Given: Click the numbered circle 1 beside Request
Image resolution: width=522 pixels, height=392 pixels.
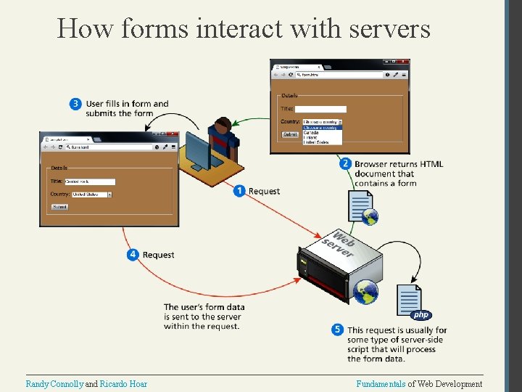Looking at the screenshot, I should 239,191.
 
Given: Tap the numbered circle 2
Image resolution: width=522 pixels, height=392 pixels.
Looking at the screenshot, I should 346,164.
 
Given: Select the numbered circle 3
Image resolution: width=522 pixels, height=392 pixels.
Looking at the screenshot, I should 75,104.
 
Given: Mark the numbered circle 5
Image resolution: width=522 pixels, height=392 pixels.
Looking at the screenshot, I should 338,330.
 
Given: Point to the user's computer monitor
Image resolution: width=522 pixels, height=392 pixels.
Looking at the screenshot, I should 196,150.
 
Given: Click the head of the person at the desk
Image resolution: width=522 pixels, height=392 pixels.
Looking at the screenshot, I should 223,125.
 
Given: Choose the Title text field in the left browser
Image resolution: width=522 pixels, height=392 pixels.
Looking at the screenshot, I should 90,181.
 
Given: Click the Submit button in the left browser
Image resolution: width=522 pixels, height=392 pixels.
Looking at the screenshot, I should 59,207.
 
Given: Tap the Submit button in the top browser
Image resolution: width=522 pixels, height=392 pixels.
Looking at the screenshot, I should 290,134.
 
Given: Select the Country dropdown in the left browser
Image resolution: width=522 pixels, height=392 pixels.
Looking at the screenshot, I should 91,195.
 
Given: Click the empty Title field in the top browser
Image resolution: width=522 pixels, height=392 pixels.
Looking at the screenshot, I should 320,110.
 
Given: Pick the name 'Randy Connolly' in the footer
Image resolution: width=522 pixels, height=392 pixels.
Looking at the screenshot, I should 54,384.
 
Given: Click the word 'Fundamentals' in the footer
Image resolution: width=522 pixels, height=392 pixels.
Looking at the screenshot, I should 381,384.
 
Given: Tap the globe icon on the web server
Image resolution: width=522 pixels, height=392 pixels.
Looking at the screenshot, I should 366,292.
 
